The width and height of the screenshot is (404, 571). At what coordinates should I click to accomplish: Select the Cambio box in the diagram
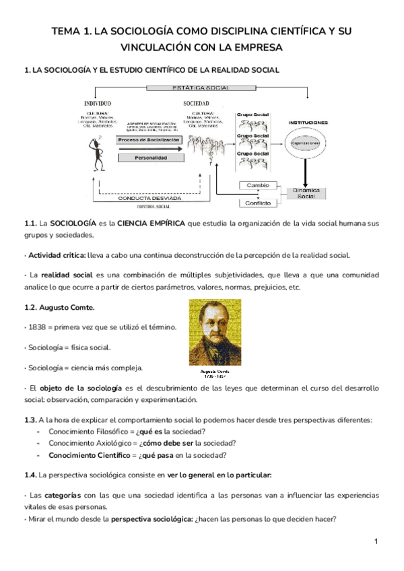258,185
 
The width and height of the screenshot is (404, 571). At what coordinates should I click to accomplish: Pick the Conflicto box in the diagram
258,203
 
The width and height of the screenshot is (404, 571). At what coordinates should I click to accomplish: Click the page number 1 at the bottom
376,541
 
